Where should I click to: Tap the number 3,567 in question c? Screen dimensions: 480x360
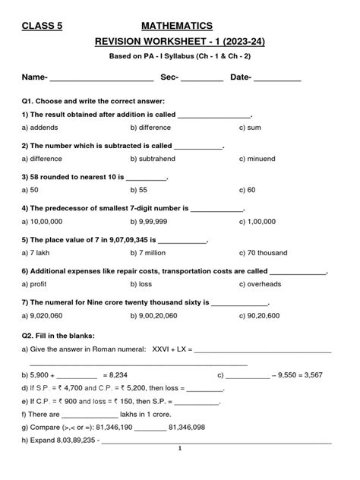click(313, 375)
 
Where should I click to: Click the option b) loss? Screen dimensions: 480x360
click(142, 283)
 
